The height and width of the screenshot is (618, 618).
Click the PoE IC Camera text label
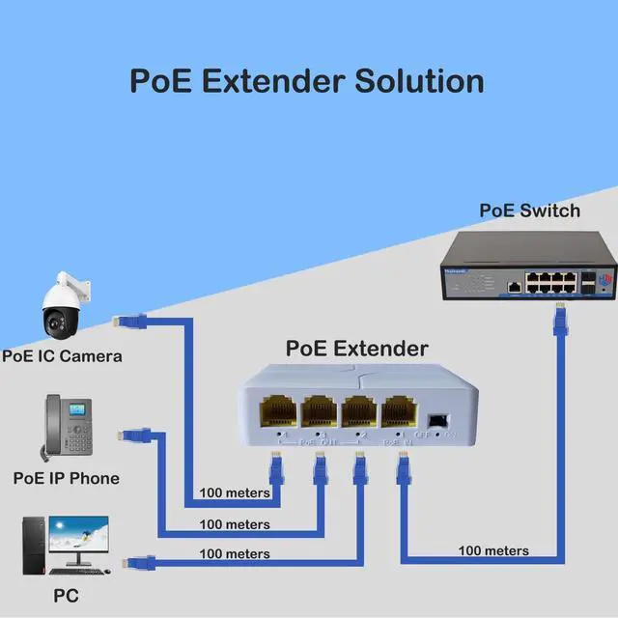point(62,355)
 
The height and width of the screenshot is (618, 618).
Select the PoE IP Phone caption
point(66,478)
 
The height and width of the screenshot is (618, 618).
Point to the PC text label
point(66,597)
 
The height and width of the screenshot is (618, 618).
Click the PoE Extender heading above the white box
point(356,349)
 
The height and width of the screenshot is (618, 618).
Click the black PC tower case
point(35,548)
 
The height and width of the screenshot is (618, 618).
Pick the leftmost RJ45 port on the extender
point(277,413)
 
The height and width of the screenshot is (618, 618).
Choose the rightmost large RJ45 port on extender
point(398,414)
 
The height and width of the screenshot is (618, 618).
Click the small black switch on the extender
point(437,421)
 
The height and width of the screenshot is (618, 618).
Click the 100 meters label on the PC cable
point(235,554)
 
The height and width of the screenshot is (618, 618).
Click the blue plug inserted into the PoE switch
point(558,318)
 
